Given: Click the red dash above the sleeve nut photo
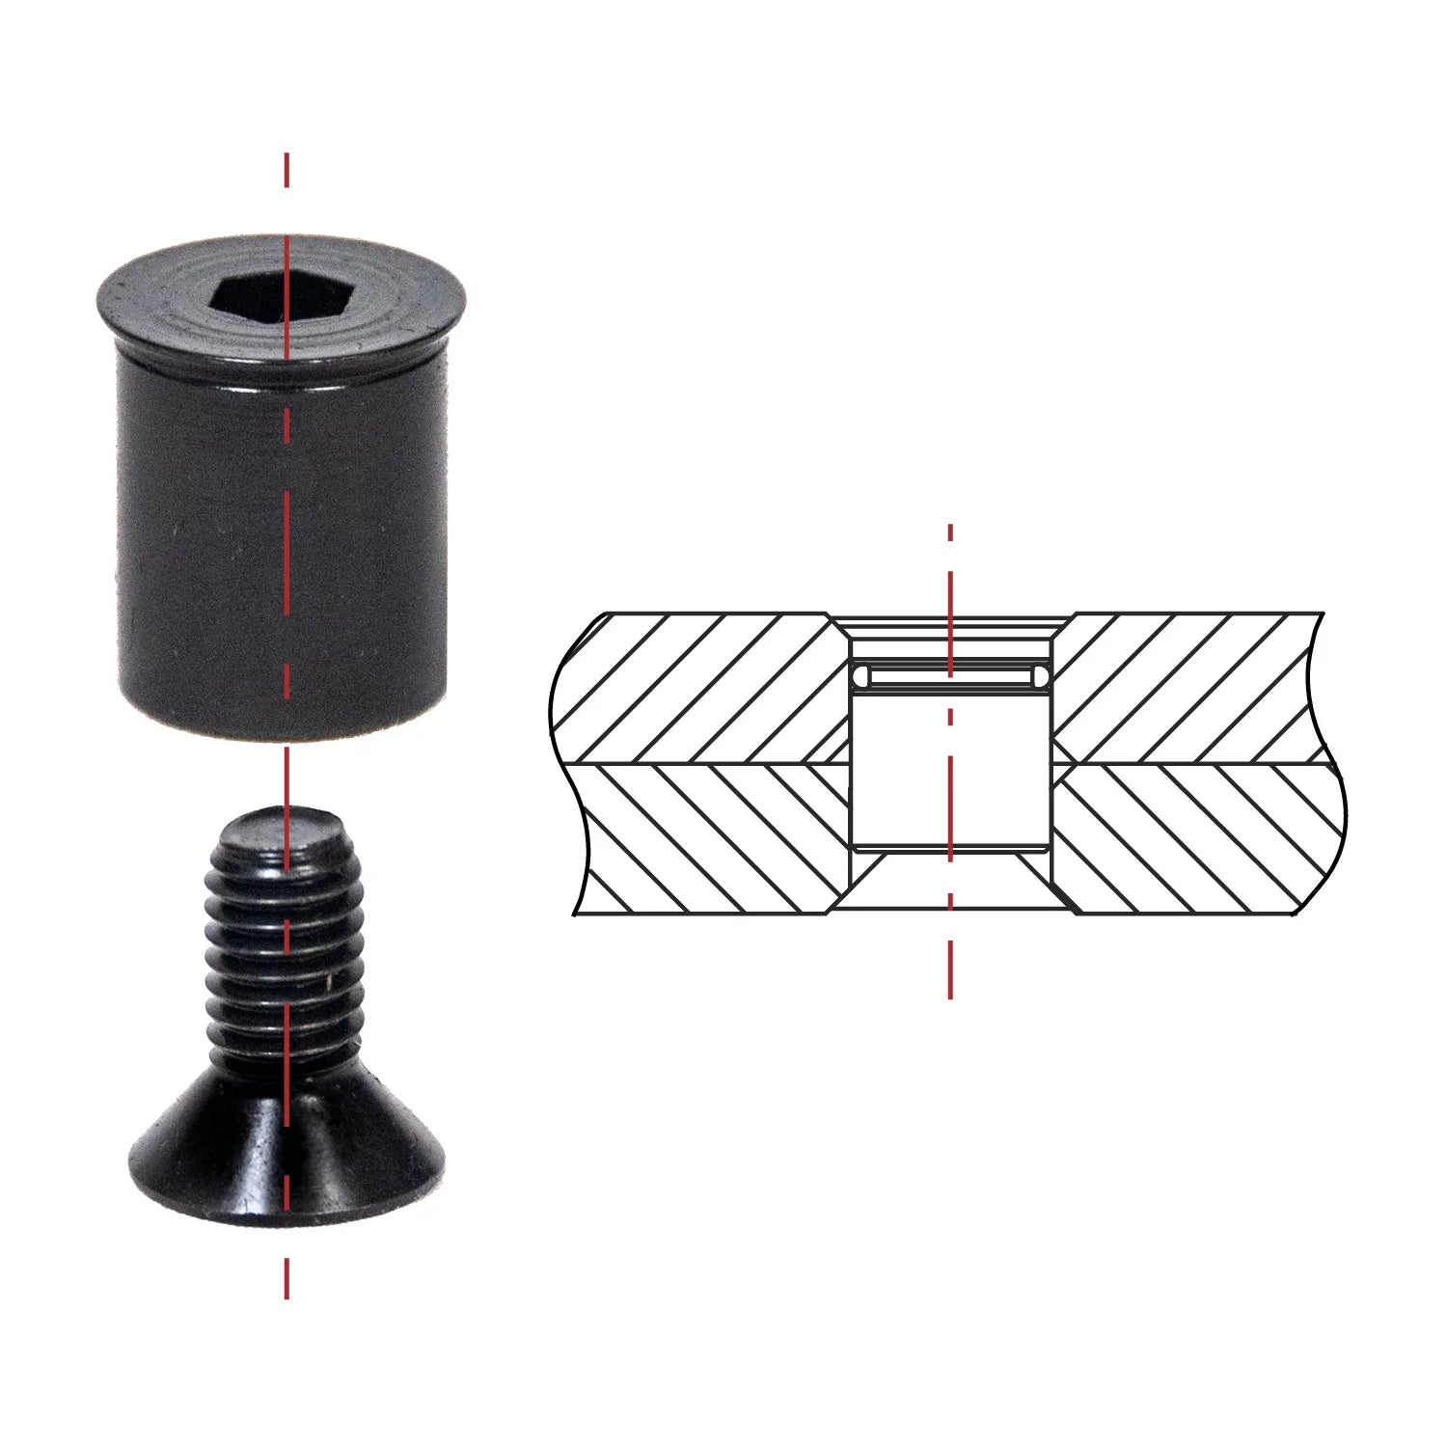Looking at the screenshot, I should click(287, 170).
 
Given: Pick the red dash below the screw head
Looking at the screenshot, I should click(287, 1278).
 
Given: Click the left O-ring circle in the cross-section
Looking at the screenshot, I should click(861, 678).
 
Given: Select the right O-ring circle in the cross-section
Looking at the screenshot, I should click(1039, 678).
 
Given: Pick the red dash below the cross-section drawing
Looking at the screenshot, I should click(950, 969).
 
